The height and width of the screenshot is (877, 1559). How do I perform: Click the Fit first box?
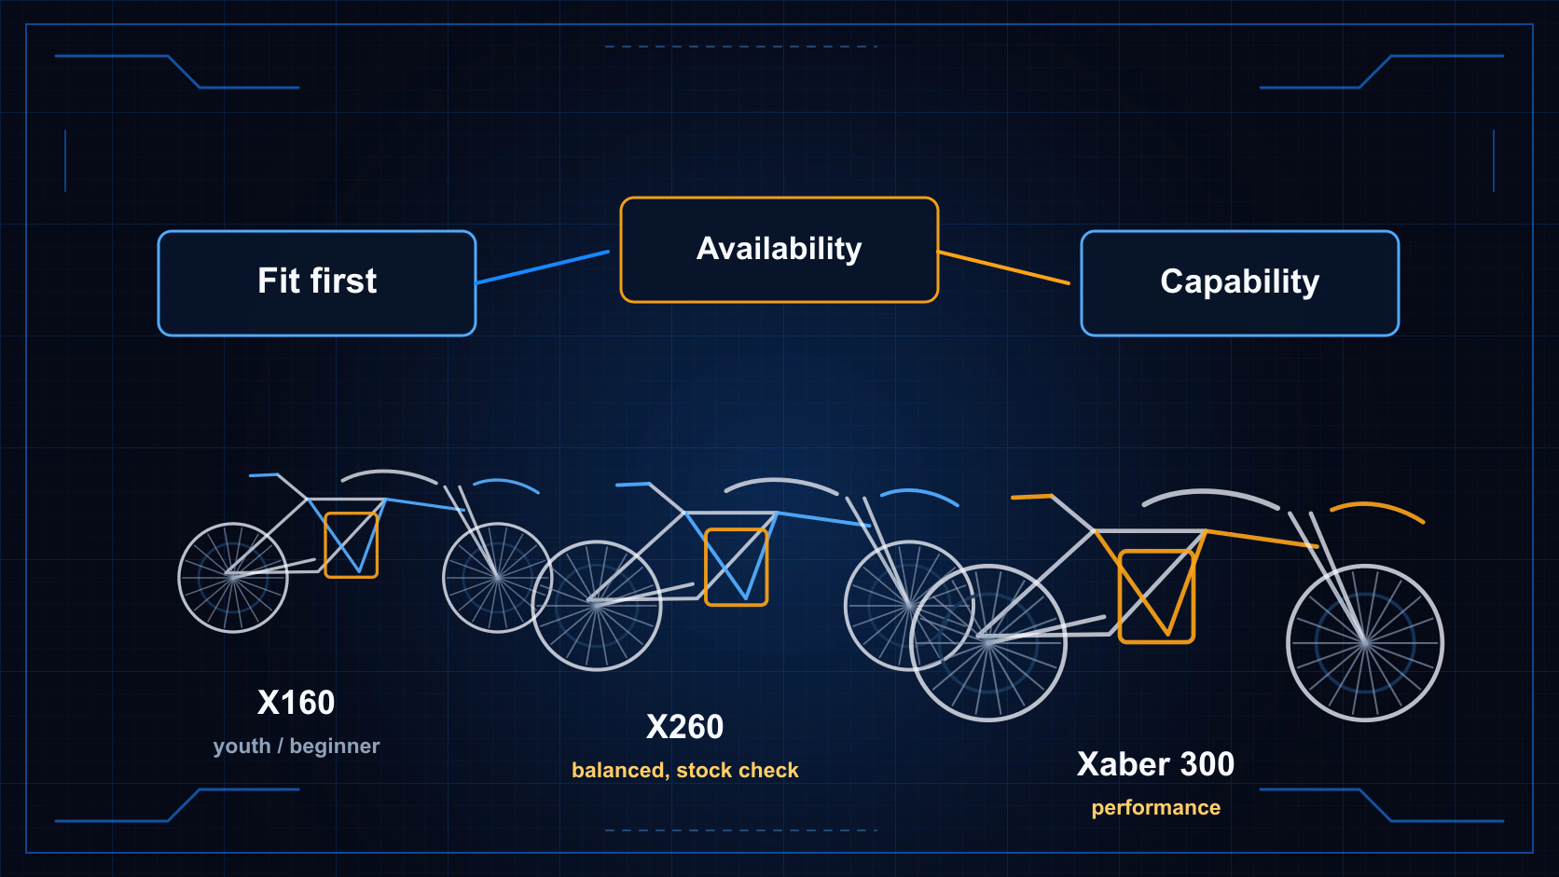[x=317, y=283]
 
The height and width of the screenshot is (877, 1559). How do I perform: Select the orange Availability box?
[x=779, y=250]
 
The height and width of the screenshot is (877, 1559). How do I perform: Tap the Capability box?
[x=1239, y=283]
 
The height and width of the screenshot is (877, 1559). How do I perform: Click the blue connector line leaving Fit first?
[x=543, y=267]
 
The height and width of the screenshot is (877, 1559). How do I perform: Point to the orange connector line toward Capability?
[x=1004, y=267]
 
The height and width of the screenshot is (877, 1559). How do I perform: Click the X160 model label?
[x=296, y=703]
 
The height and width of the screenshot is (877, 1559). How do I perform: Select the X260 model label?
[x=684, y=727]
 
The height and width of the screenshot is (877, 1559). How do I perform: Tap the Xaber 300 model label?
[x=1155, y=763]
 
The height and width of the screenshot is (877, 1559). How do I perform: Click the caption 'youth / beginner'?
[x=296, y=747]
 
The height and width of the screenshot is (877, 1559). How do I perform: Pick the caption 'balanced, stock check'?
[x=684, y=771]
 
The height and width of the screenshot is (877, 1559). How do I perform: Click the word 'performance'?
[x=1155, y=807]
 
